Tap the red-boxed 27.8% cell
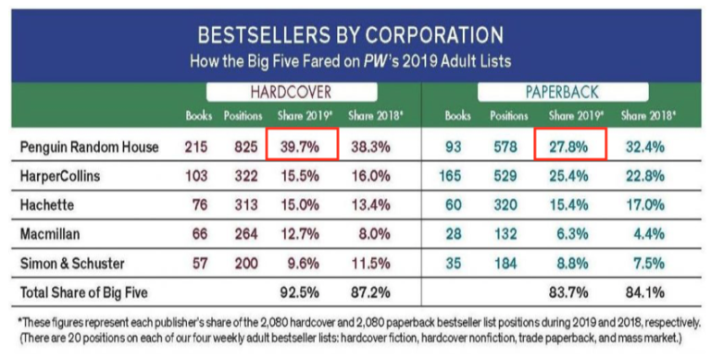point(569,147)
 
